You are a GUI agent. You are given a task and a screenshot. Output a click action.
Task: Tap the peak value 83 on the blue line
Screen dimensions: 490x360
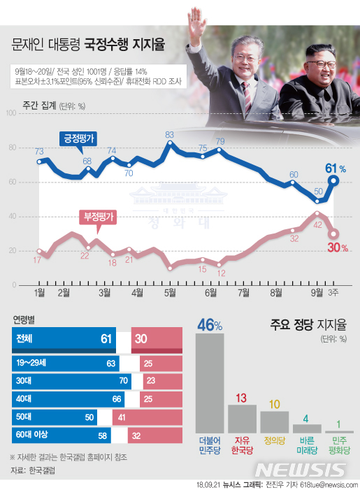coord(169,134)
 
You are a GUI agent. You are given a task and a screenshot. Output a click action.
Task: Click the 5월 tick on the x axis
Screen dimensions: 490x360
coord(169,293)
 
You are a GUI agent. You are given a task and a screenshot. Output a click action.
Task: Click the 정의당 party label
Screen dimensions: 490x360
coord(274,441)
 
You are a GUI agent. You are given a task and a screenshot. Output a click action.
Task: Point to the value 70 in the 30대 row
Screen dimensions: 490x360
coord(124,382)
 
